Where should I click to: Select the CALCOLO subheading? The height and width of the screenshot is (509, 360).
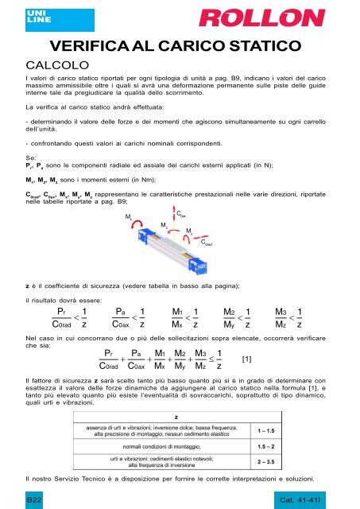tap(61, 64)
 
